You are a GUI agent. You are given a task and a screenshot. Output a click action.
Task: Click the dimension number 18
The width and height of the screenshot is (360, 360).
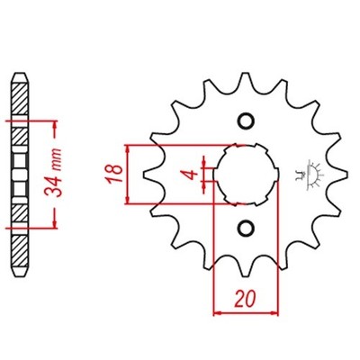pyautogui.click(x=115, y=174)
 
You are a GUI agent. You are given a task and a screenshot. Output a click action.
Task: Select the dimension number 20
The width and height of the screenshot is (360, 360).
pyautogui.click(x=246, y=299)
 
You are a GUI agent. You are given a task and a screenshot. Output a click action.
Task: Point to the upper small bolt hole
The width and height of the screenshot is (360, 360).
pyautogui.click(x=246, y=121)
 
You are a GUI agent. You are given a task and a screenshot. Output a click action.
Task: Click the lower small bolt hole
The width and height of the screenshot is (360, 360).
pyautogui.click(x=246, y=229)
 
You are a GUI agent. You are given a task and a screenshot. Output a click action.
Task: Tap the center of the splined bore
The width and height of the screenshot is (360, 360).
pyautogui.click(x=246, y=175)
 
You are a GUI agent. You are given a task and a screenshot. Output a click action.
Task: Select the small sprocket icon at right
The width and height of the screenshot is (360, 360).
pyautogui.click(x=312, y=175)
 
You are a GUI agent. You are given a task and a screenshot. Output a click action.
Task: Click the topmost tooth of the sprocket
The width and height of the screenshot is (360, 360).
pyautogui.click(x=246, y=78)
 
